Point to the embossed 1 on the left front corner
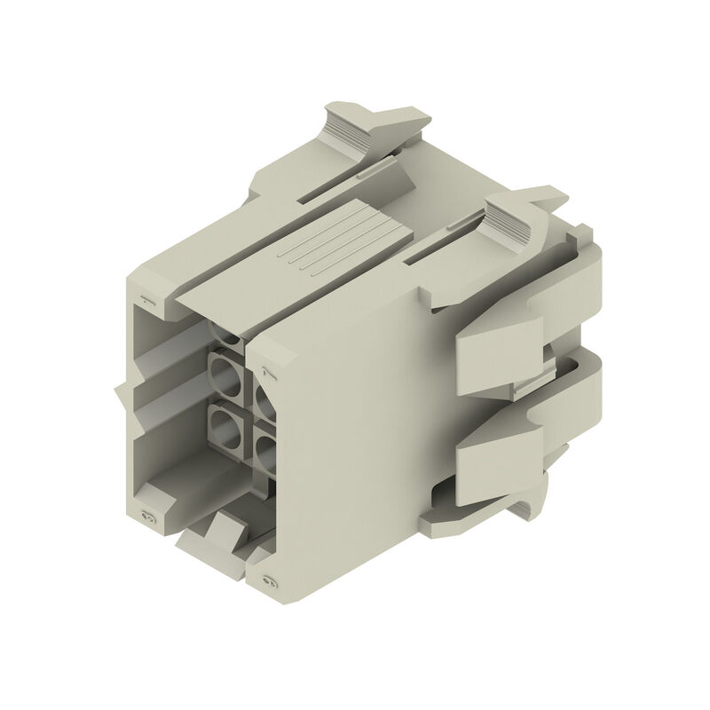147,302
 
